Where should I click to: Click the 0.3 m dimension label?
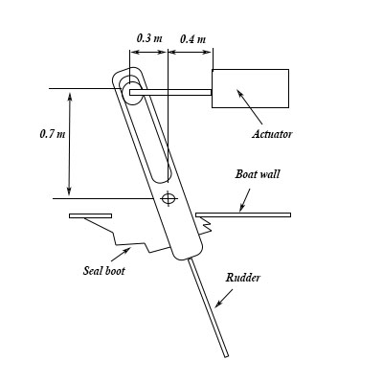[x=149, y=38]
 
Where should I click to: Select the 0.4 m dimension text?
[x=192, y=39]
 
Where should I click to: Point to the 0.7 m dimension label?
[x=53, y=134]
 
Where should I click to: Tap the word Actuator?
[x=272, y=134]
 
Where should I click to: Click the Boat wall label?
[x=258, y=174]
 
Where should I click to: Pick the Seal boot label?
[x=104, y=271]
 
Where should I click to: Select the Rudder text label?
[x=243, y=278]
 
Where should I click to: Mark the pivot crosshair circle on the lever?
[x=169, y=198]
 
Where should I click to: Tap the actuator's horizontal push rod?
[x=170, y=92]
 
